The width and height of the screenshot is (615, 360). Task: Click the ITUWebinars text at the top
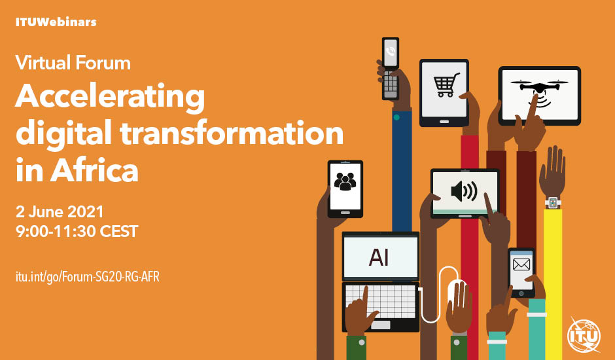(x=56, y=22)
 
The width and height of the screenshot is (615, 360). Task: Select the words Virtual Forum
(x=73, y=63)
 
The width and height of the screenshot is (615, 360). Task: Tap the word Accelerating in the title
(x=110, y=97)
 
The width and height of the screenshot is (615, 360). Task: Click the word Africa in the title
(x=94, y=171)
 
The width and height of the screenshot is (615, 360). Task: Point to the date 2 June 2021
(x=60, y=212)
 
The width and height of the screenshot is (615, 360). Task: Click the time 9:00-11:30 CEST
(x=77, y=231)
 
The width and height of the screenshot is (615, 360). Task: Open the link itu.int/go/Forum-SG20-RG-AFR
(x=88, y=277)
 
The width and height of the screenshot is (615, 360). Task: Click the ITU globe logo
(x=584, y=336)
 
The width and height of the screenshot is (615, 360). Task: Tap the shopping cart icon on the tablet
(x=446, y=85)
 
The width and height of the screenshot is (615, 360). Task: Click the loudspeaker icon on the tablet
(x=464, y=191)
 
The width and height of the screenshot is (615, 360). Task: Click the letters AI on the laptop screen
(x=379, y=258)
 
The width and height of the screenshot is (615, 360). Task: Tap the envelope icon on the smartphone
(x=521, y=264)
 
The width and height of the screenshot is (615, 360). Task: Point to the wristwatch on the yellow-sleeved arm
(x=553, y=202)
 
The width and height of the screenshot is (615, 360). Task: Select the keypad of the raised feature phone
(x=390, y=84)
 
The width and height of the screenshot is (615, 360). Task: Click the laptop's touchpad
(x=381, y=325)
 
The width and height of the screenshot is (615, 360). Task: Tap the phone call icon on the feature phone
(x=390, y=52)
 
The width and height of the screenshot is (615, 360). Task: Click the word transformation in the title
(x=232, y=134)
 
